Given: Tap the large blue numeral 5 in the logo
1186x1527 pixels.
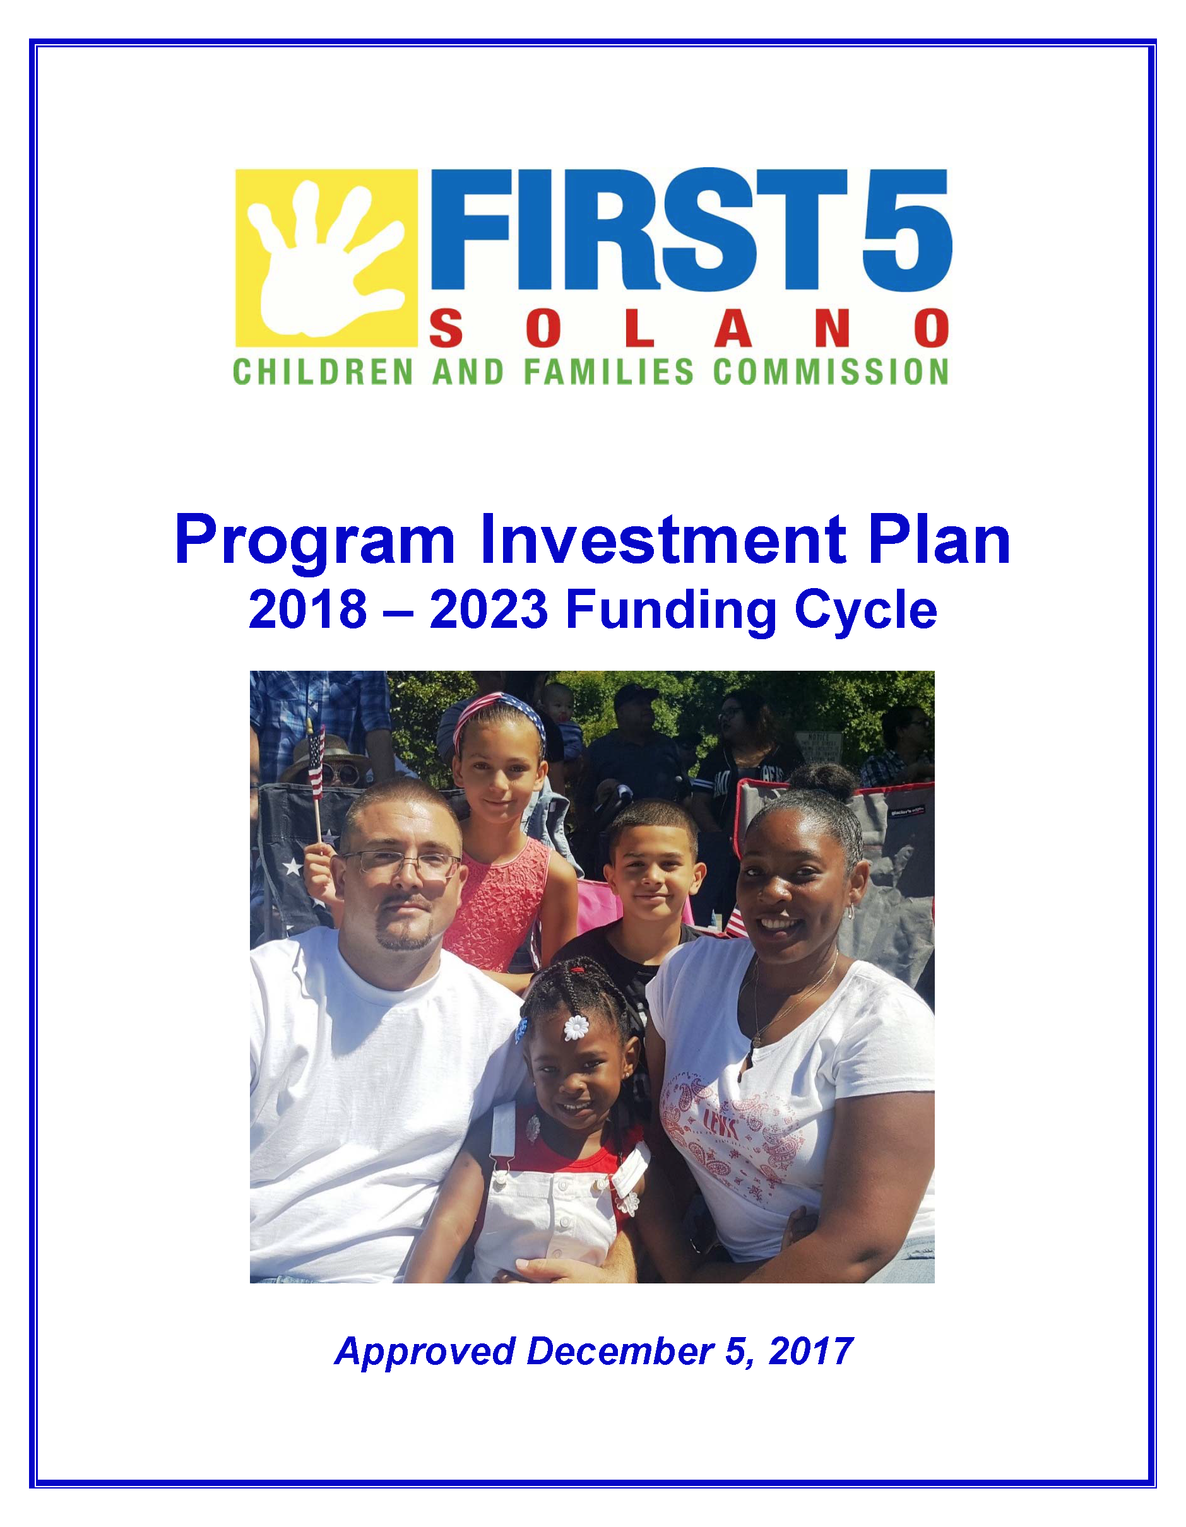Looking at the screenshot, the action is tap(906, 229).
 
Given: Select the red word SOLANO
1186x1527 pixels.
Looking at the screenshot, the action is tap(689, 329).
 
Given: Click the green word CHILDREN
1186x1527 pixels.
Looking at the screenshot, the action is tap(323, 372).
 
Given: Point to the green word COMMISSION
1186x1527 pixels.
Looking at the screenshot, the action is tap(831, 372).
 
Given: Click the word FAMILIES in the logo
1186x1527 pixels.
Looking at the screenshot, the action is tap(609, 372).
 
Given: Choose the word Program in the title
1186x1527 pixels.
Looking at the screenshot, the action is tap(316, 541).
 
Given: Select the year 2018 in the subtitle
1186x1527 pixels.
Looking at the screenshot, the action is tap(307, 609).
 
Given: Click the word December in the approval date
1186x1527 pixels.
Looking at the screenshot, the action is tap(620, 1350).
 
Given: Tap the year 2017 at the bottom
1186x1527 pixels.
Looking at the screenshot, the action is tap(810, 1350).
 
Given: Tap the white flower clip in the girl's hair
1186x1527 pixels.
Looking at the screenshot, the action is tap(576, 1027).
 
